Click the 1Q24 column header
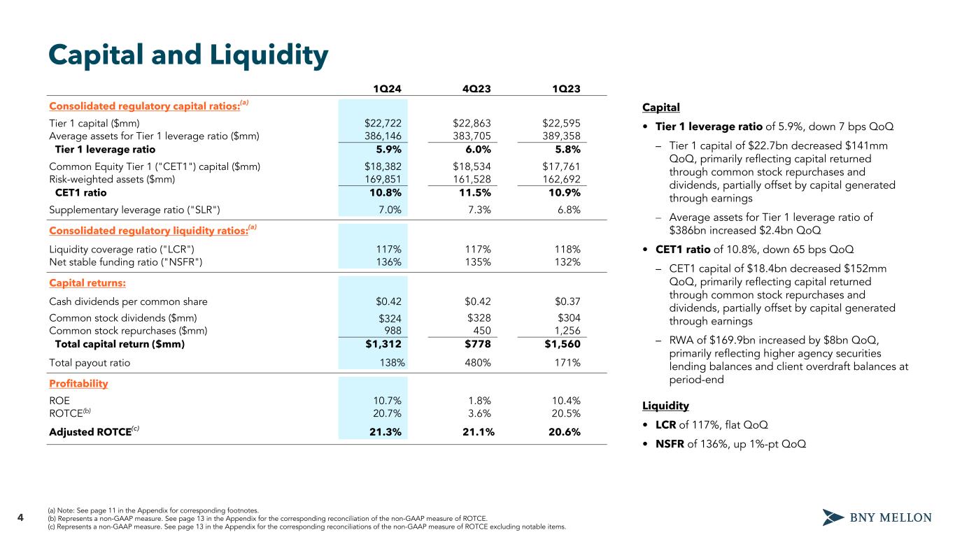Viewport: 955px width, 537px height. [x=386, y=88]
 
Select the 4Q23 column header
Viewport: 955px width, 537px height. [x=476, y=88]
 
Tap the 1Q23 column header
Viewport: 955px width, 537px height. [x=566, y=88]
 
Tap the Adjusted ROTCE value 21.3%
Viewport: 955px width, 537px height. [x=385, y=431]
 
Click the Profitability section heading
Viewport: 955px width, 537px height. [x=78, y=384]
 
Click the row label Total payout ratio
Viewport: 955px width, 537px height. [x=90, y=363]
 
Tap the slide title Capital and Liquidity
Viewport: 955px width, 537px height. [x=188, y=56]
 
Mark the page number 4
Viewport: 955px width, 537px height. [x=20, y=517]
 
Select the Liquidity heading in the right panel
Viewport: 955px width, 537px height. [x=665, y=406]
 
